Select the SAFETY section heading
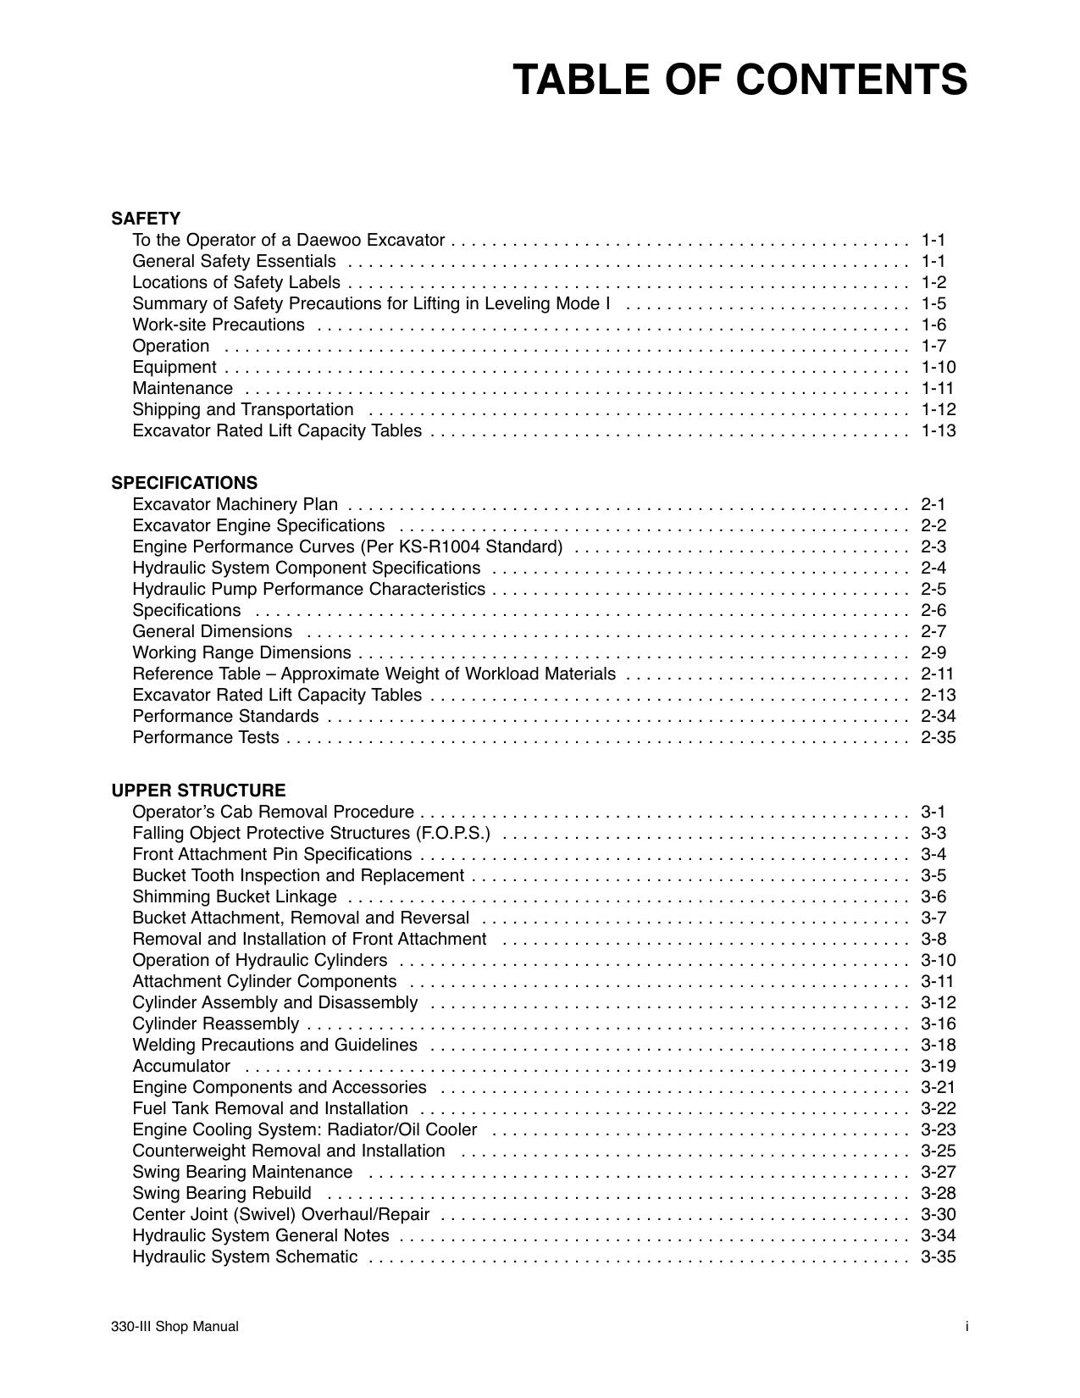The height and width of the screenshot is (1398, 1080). [145, 219]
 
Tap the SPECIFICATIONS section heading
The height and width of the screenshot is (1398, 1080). [184, 483]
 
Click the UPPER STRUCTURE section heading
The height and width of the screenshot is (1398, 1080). [198, 791]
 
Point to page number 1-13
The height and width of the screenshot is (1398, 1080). [938, 430]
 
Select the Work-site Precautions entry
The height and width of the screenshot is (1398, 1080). [218, 325]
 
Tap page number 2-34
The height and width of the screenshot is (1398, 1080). [938, 716]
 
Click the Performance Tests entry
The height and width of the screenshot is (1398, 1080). [205, 737]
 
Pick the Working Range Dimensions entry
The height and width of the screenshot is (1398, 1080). [241, 652]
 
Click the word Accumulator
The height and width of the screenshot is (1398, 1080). [180, 1066]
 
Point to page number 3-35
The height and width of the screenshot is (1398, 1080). [938, 1257]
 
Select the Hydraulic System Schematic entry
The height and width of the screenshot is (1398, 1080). [245, 1257]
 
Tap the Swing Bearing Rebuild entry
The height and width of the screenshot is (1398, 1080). [221, 1193]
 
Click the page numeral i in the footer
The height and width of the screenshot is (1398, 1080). [966, 1327]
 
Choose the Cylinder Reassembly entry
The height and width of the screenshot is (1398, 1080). [215, 1024]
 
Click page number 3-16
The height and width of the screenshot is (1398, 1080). [938, 1024]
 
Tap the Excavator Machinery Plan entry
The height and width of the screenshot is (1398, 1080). [235, 504]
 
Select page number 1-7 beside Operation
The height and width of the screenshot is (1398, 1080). [933, 346]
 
